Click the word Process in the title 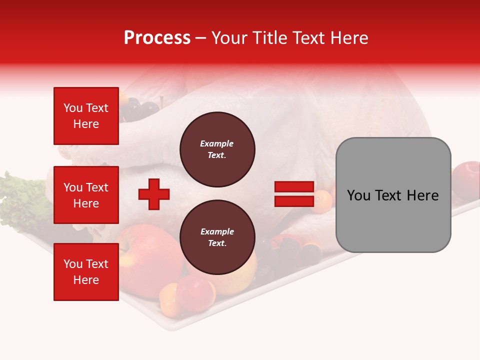tap(157, 38)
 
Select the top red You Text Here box tap(86, 116)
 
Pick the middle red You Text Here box tap(86, 195)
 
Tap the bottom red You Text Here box tap(86, 272)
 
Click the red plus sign tap(154, 194)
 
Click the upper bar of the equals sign tap(294, 187)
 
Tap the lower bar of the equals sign tap(294, 201)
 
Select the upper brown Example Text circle tap(217, 149)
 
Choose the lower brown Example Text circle tap(217, 237)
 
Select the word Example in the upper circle tap(217, 143)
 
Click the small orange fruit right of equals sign tap(324, 199)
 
